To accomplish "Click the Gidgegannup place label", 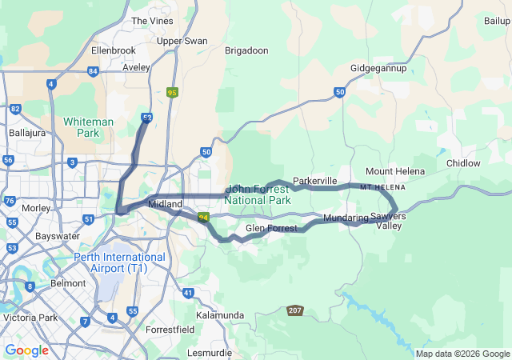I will tap(378, 68).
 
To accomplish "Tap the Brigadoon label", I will tap(246, 50).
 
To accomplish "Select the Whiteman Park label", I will tap(88, 127).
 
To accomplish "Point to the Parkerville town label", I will tap(314, 181).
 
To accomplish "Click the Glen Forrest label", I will tap(271, 229).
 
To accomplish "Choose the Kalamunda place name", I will tap(218, 315).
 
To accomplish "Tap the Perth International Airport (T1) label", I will tap(119, 262).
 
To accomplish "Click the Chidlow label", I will tap(463, 163).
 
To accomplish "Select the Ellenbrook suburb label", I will tap(114, 50).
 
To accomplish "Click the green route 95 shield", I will tap(173, 94).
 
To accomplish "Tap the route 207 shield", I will tap(295, 310).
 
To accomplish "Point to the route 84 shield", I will tap(93, 71).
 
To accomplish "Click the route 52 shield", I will tap(147, 118).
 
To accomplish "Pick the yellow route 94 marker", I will tap(203, 217).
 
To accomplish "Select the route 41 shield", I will tap(187, 294).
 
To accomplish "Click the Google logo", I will tap(26, 350).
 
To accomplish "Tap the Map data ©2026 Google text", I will tap(462, 354).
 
